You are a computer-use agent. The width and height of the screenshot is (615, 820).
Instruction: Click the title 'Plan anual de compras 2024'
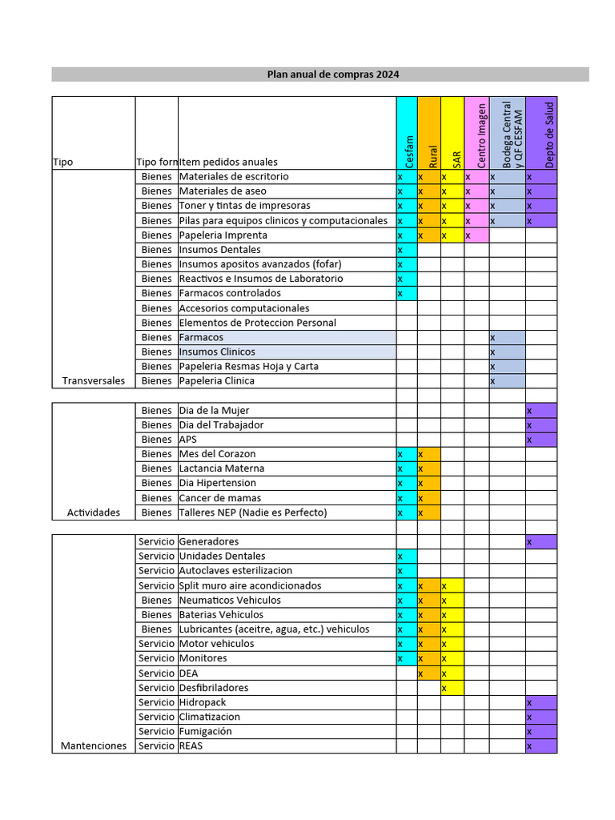pyautogui.click(x=332, y=74)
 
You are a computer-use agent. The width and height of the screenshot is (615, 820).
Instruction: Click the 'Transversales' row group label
pyautogui.click(x=94, y=381)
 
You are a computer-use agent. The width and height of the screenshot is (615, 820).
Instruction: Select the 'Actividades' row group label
pyautogui.click(x=94, y=512)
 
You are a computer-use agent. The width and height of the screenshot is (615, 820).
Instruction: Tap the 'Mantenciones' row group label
pyautogui.click(x=94, y=746)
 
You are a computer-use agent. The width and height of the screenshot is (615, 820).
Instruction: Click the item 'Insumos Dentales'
pyautogui.click(x=219, y=250)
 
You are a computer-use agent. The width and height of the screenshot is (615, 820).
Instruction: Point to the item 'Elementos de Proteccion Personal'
pyautogui.click(x=257, y=323)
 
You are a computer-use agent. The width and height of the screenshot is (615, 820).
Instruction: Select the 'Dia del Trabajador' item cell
pyautogui.click(x=221, y=425)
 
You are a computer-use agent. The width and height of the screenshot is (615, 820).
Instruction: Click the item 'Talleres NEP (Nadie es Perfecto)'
pyautogui.click(x=252, y=512)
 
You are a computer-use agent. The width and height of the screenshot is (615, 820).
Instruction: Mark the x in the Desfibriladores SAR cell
pyautogui.click(x=444, y=688)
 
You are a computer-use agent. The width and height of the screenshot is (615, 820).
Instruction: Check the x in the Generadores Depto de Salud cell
pyautogui.click(x=529, y=542)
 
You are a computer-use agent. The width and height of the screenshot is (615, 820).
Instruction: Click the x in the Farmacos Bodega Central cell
pyautogui.click(x=492, y=338)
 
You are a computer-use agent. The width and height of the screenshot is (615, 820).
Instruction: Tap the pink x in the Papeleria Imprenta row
pyautogui.click(x=468, y=235)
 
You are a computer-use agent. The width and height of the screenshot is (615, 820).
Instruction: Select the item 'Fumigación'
pyautogui.click(x=205, y=732)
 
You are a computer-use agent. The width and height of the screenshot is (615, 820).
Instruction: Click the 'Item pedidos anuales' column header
pyautogui.click(x=228, y=162)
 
